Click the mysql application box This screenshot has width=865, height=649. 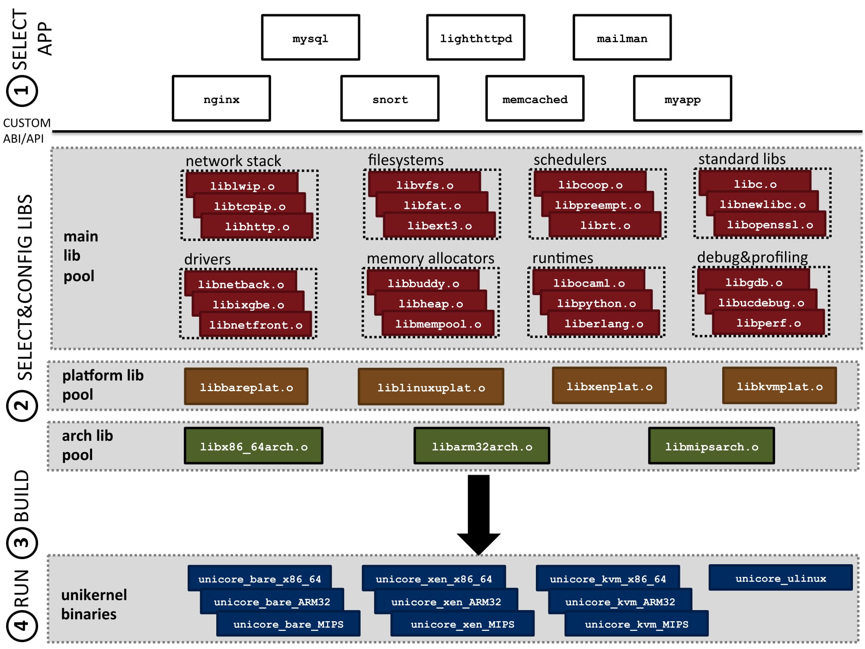point(311,38)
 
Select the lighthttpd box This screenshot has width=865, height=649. point(476,38)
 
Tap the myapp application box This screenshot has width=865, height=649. point(682,99)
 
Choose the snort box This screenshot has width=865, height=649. point(390,99)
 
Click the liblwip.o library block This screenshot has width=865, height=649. point(242,185)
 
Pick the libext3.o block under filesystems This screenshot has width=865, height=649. point(439,225)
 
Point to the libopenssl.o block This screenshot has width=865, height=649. point(770,225)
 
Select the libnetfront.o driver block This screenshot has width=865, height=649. point(256,324)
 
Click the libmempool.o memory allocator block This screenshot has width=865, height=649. point(438,324)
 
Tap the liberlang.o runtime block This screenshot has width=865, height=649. point(604,323)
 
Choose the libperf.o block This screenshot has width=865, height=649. point(769,323)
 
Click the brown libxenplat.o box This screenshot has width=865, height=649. point(609,386)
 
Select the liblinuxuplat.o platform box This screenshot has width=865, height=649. point(431,387)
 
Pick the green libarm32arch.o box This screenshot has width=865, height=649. point(482,446)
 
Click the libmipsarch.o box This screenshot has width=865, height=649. point(711,446)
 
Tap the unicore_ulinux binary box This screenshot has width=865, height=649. point(781,578)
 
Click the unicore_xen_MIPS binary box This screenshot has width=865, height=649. point(462,623)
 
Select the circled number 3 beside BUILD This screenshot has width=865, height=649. point(22,543)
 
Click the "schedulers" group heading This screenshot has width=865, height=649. point(570,160)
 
